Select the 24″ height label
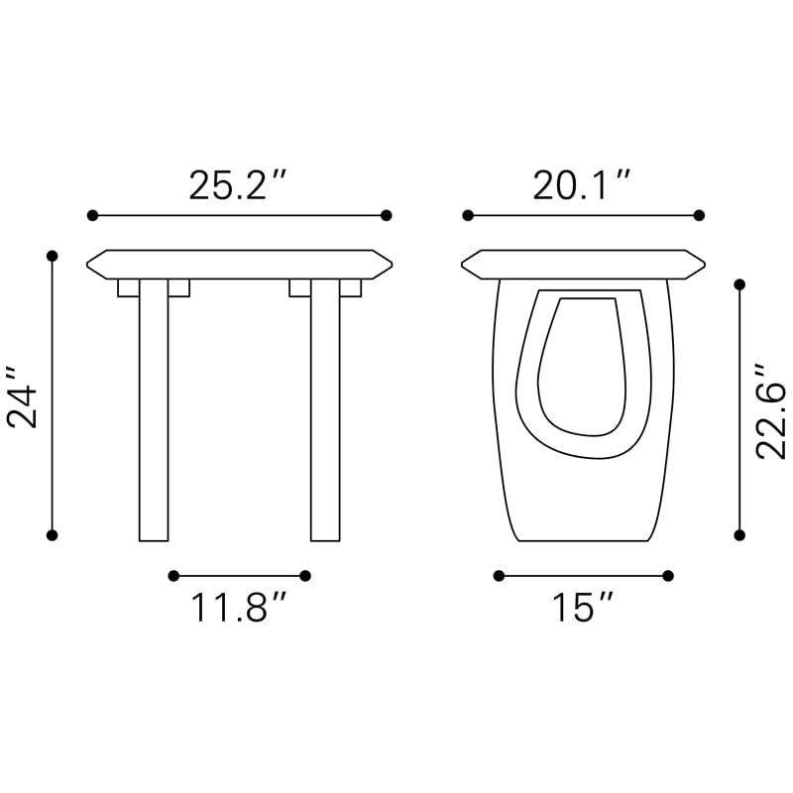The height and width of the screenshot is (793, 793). point(23,397)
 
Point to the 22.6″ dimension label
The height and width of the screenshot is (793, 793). point(771,411)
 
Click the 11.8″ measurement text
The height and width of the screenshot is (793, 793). point(239,607)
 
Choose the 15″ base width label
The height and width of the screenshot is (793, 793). point(582,607)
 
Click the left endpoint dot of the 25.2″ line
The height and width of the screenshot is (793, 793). point(92,215)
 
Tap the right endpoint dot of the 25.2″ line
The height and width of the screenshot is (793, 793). point(387,215)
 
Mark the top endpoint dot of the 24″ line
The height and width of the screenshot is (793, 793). point(53,256)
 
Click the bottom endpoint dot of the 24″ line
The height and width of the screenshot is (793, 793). point(53,535)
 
